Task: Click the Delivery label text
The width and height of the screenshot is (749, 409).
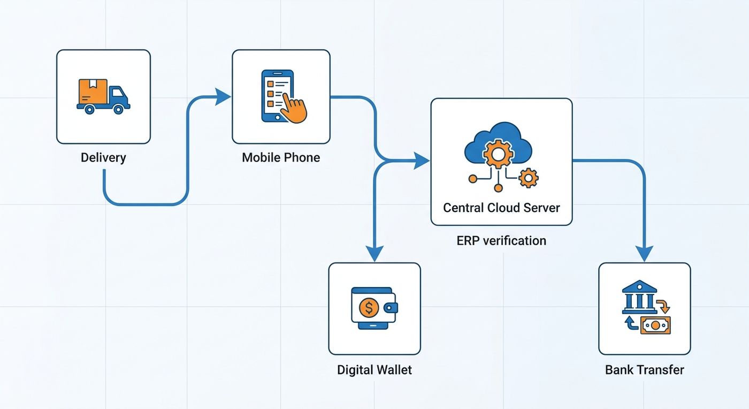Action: click(x=103, y=157)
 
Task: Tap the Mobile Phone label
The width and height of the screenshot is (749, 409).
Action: click(x=281, y=157)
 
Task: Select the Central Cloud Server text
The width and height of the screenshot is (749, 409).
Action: click(x=501, y=208)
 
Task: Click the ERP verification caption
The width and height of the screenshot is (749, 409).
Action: click(x=501, y=241)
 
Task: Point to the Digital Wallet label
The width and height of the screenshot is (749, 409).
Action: click(x=374, y=370)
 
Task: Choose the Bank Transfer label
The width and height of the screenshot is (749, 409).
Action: click(x=644, y=370)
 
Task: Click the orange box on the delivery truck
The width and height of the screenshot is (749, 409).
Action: click(x=93, y=92)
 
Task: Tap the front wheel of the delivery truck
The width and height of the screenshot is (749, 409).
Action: click(x=118, y=109)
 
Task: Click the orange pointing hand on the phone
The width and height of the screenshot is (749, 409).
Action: click(x=293, y=108)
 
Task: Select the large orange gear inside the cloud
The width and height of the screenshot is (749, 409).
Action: click(x=498, y=154)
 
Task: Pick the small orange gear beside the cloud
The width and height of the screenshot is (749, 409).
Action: click(x=529, y=178)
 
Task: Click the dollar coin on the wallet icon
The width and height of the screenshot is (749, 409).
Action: click(x=369, y=308)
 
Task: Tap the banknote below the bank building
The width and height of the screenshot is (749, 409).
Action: click(x=655, y=325)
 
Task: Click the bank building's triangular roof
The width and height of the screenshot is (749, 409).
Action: click(x=639, y=286)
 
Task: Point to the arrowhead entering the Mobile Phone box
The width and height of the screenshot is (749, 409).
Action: click(x=223, y=97)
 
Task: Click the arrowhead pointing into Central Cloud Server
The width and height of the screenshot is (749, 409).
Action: click(x=422, y=161)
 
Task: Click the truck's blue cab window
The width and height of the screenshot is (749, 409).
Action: click(x=118, y=93)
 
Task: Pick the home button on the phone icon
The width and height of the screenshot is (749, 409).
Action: click(x=277, y=117)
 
